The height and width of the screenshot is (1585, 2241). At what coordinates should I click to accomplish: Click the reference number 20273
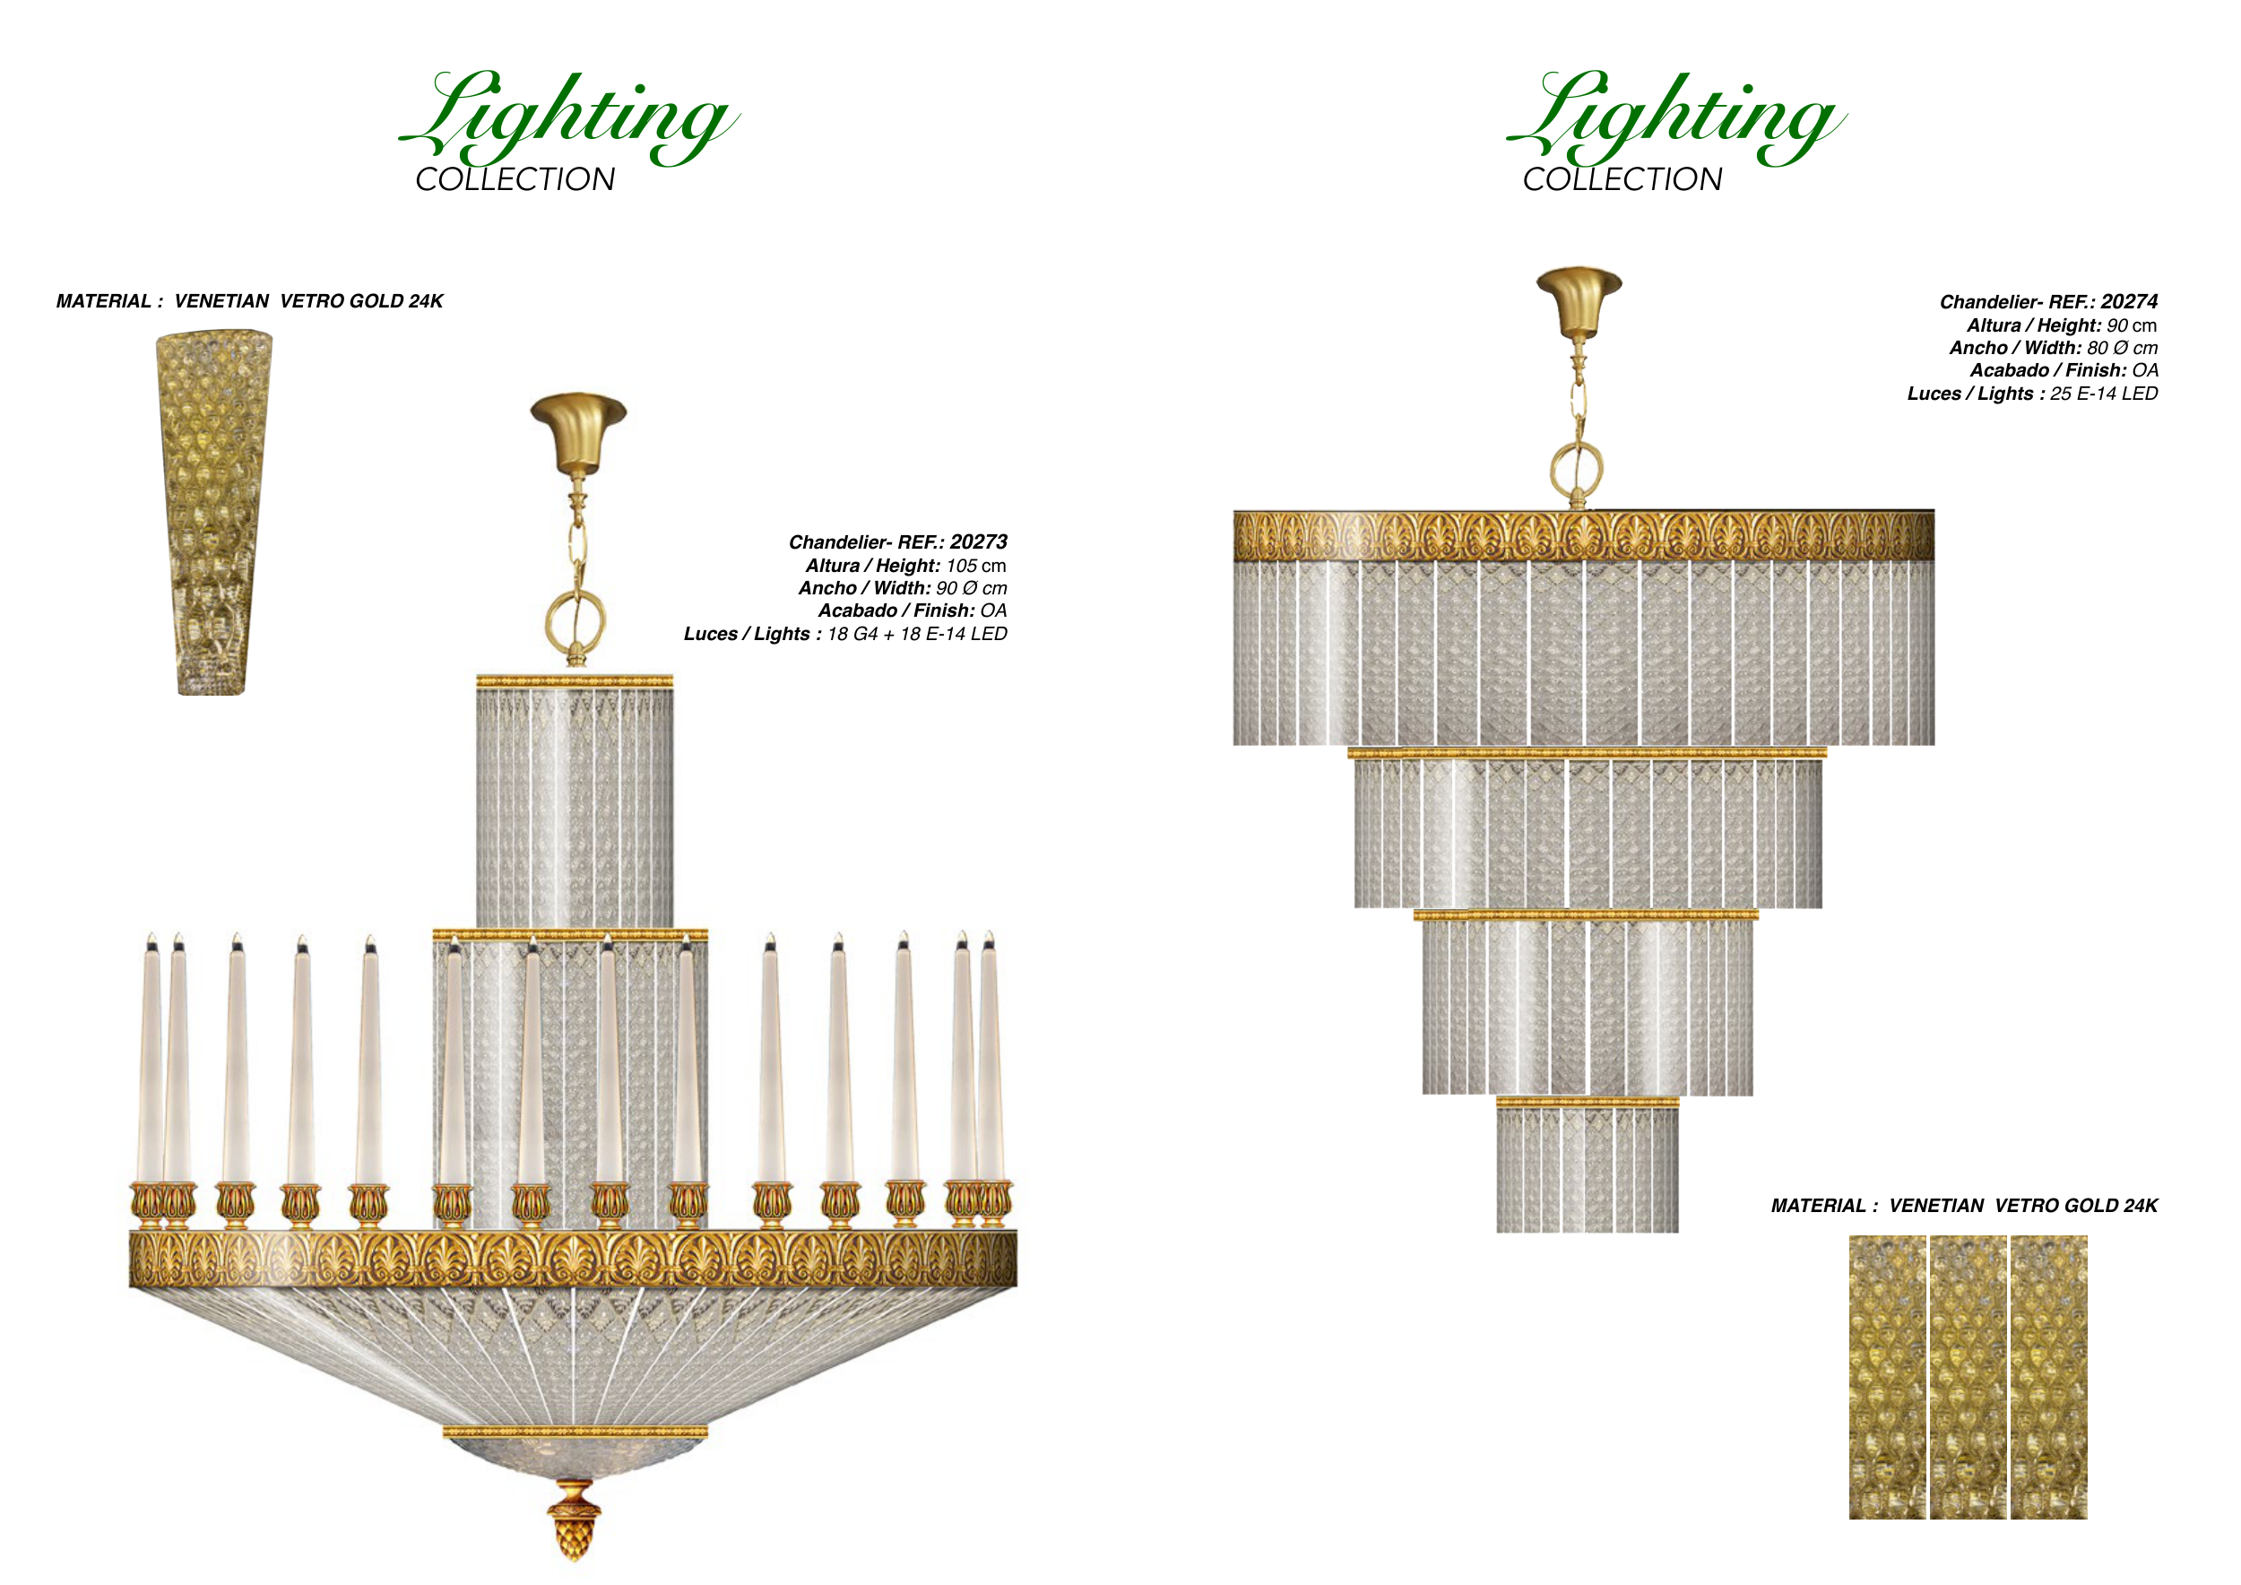[978, 541]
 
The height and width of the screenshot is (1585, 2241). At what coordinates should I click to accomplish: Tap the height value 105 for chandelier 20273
[962, 565]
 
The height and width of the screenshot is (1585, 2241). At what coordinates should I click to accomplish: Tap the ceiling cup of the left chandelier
[578, 430]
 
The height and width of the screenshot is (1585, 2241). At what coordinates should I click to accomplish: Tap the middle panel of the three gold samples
[1968, 1376]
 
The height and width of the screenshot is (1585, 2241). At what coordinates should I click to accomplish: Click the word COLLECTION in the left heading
[515, 179]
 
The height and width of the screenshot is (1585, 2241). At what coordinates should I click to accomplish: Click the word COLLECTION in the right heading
[1622, 179]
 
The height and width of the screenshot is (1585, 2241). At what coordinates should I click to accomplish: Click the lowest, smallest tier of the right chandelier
[1587, 1165]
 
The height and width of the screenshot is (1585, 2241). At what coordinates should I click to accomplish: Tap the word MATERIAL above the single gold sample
[103, 300]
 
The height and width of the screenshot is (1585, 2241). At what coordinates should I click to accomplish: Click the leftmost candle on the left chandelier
[150, 1058]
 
